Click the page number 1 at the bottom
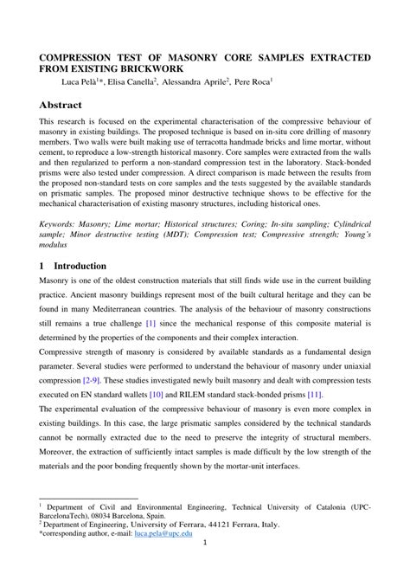click(204, 567)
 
